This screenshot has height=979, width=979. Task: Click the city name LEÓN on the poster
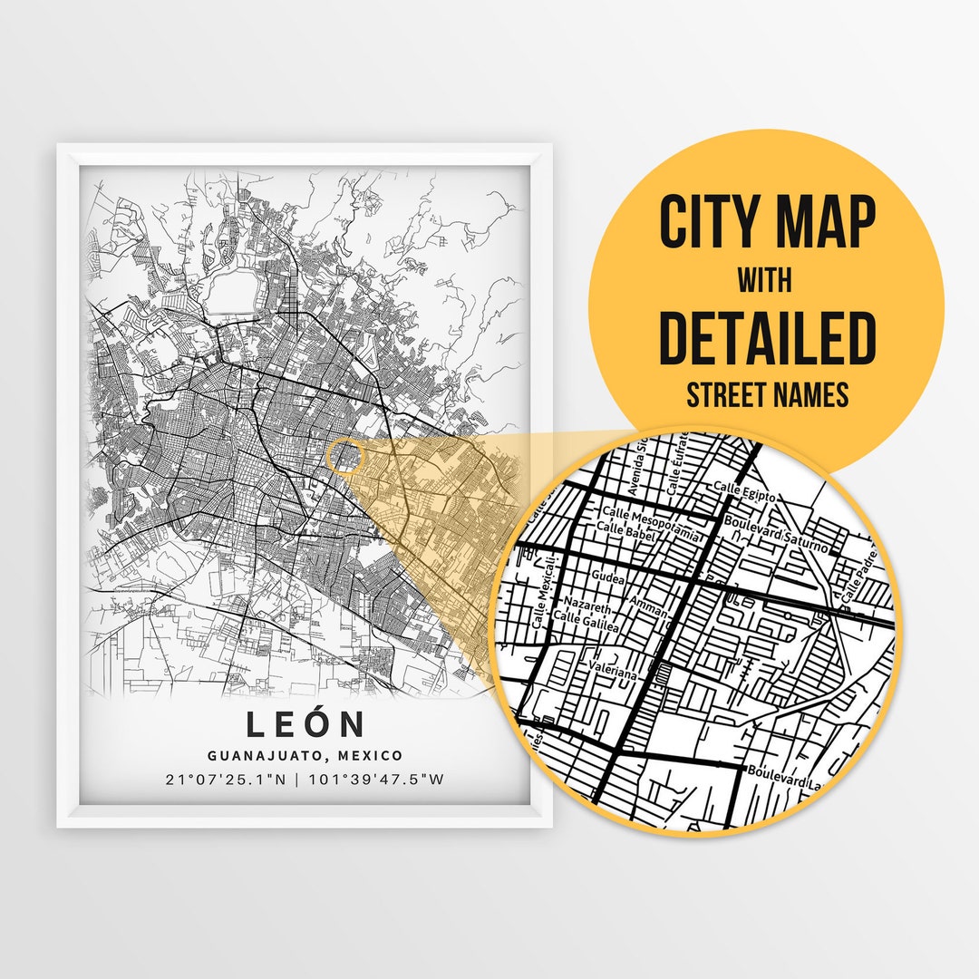(x=305, y=725)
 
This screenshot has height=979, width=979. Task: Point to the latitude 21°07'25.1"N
(x=231, y=779)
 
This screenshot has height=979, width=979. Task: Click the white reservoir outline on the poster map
(x=233, y=293)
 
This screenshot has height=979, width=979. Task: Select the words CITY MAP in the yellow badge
(x=767, y=223)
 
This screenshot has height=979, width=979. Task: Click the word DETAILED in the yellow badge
(x=767, y=337)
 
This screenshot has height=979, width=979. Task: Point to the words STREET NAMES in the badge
(x=767, y=395)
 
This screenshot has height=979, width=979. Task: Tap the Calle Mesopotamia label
(x=651, y=525)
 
